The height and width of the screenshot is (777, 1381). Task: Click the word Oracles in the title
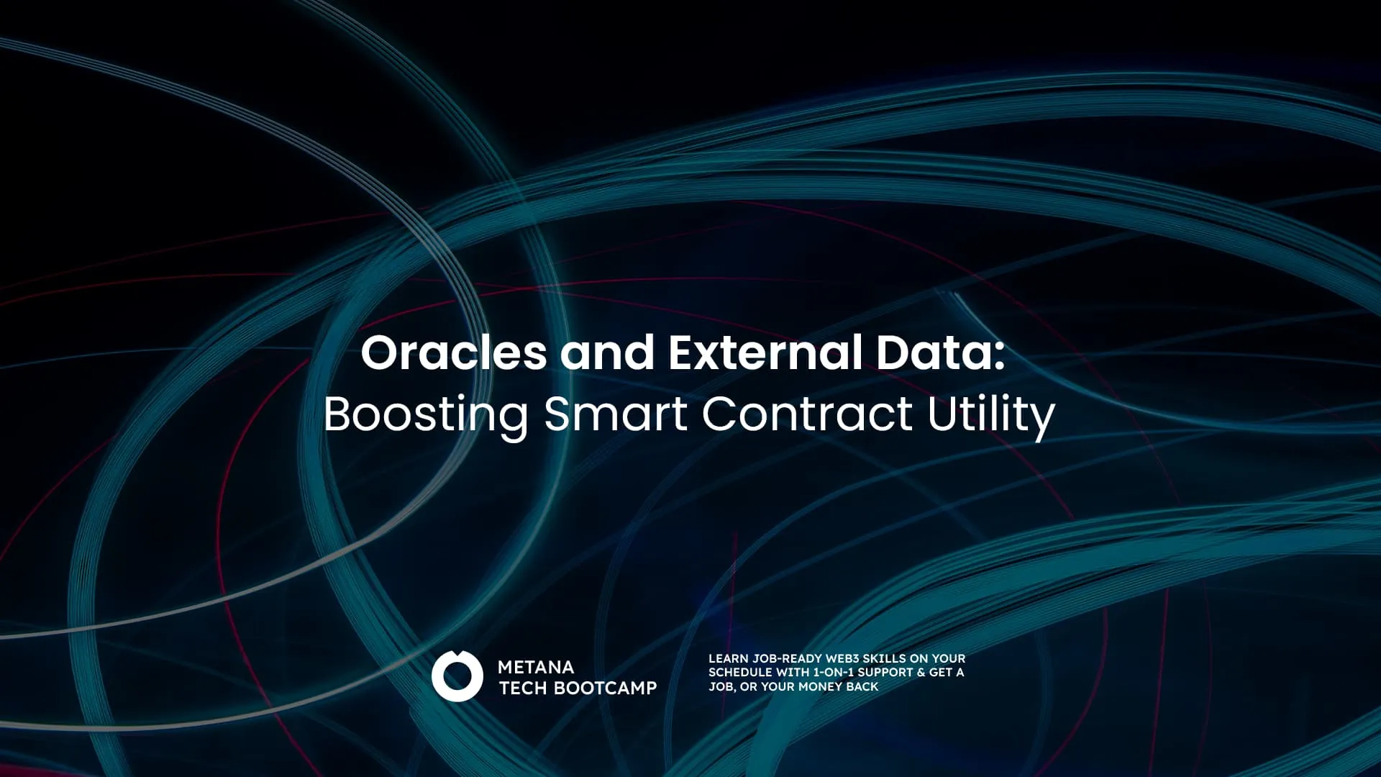click(453, 353)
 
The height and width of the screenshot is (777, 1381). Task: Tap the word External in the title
click(765, 353)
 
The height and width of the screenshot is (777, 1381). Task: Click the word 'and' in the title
click(607, 353)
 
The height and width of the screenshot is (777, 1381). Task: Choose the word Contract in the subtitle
click(807, 414)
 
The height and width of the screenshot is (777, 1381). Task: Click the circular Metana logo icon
click(457, 676)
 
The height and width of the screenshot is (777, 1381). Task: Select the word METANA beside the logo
click(536, 667)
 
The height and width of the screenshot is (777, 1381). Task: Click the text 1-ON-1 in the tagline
click(834, 672)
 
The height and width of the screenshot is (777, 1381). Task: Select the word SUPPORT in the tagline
click(885, 672)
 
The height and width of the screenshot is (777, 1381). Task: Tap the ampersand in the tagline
click(921, 672)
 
